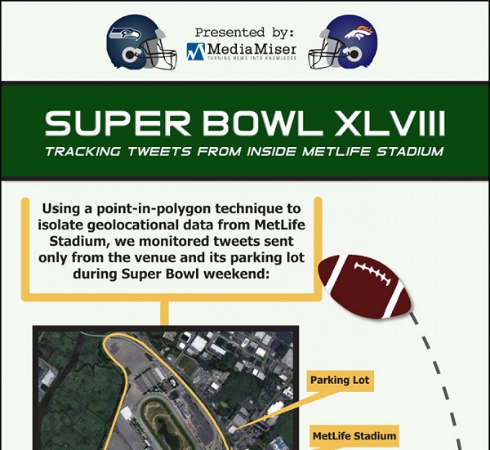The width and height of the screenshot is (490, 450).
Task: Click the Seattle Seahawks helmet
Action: pos(141,42)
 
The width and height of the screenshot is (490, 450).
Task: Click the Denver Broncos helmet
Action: pos(343,42)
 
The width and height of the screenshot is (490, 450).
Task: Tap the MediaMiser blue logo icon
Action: pos(196,51)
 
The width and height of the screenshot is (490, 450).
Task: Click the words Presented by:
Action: pos(244,32)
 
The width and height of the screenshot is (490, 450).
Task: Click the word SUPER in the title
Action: pos(117,123)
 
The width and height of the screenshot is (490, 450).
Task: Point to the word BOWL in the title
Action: pos(263,123)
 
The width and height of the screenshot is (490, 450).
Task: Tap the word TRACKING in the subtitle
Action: pos(82,152)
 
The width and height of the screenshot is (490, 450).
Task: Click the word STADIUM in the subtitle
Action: pos(410,152)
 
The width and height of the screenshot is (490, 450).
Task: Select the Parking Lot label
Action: pos(340,381)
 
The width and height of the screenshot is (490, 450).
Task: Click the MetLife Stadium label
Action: pos(354,436)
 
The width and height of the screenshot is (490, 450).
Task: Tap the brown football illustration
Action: pos(365,287)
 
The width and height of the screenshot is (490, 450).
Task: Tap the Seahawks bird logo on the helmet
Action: pos(124,33)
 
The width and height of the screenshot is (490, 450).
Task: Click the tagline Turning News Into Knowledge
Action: pos(252,59)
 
